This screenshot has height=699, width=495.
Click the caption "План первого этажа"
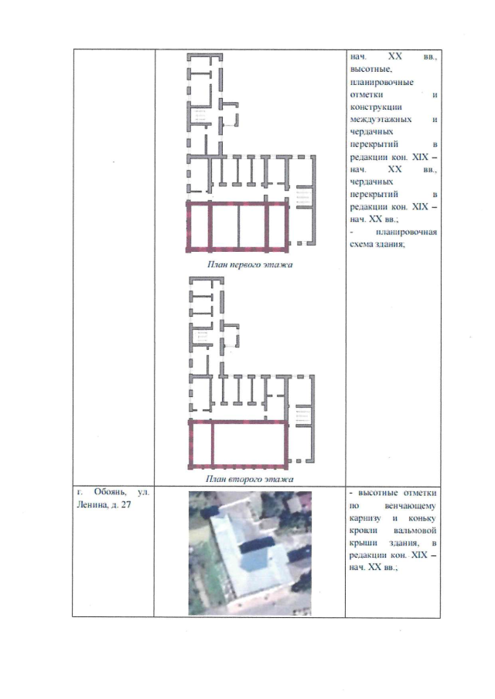(250, 265)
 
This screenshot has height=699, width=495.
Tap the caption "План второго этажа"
(250, 479)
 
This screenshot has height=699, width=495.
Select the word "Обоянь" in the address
(110, 493)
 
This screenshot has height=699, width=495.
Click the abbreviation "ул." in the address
(144, 493)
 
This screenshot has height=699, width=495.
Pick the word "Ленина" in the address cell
(92, 505)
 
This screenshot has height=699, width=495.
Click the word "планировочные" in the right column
(381, 83)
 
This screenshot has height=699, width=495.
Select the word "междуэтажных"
(381, 120)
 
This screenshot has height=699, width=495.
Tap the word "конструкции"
(376, 107)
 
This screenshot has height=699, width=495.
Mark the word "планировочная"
(406, 232)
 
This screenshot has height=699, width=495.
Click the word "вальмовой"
(415, 531)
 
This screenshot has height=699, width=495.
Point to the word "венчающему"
(410, 506)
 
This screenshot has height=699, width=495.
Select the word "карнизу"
(365, 518)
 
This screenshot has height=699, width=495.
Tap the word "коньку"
(422, 518)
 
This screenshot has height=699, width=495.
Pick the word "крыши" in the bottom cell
(363, 543)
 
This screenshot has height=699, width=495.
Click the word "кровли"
(364, 531)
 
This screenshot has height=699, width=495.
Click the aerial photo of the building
(250, 553)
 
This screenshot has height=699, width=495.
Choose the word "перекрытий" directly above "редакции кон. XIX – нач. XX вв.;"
(374, 195)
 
